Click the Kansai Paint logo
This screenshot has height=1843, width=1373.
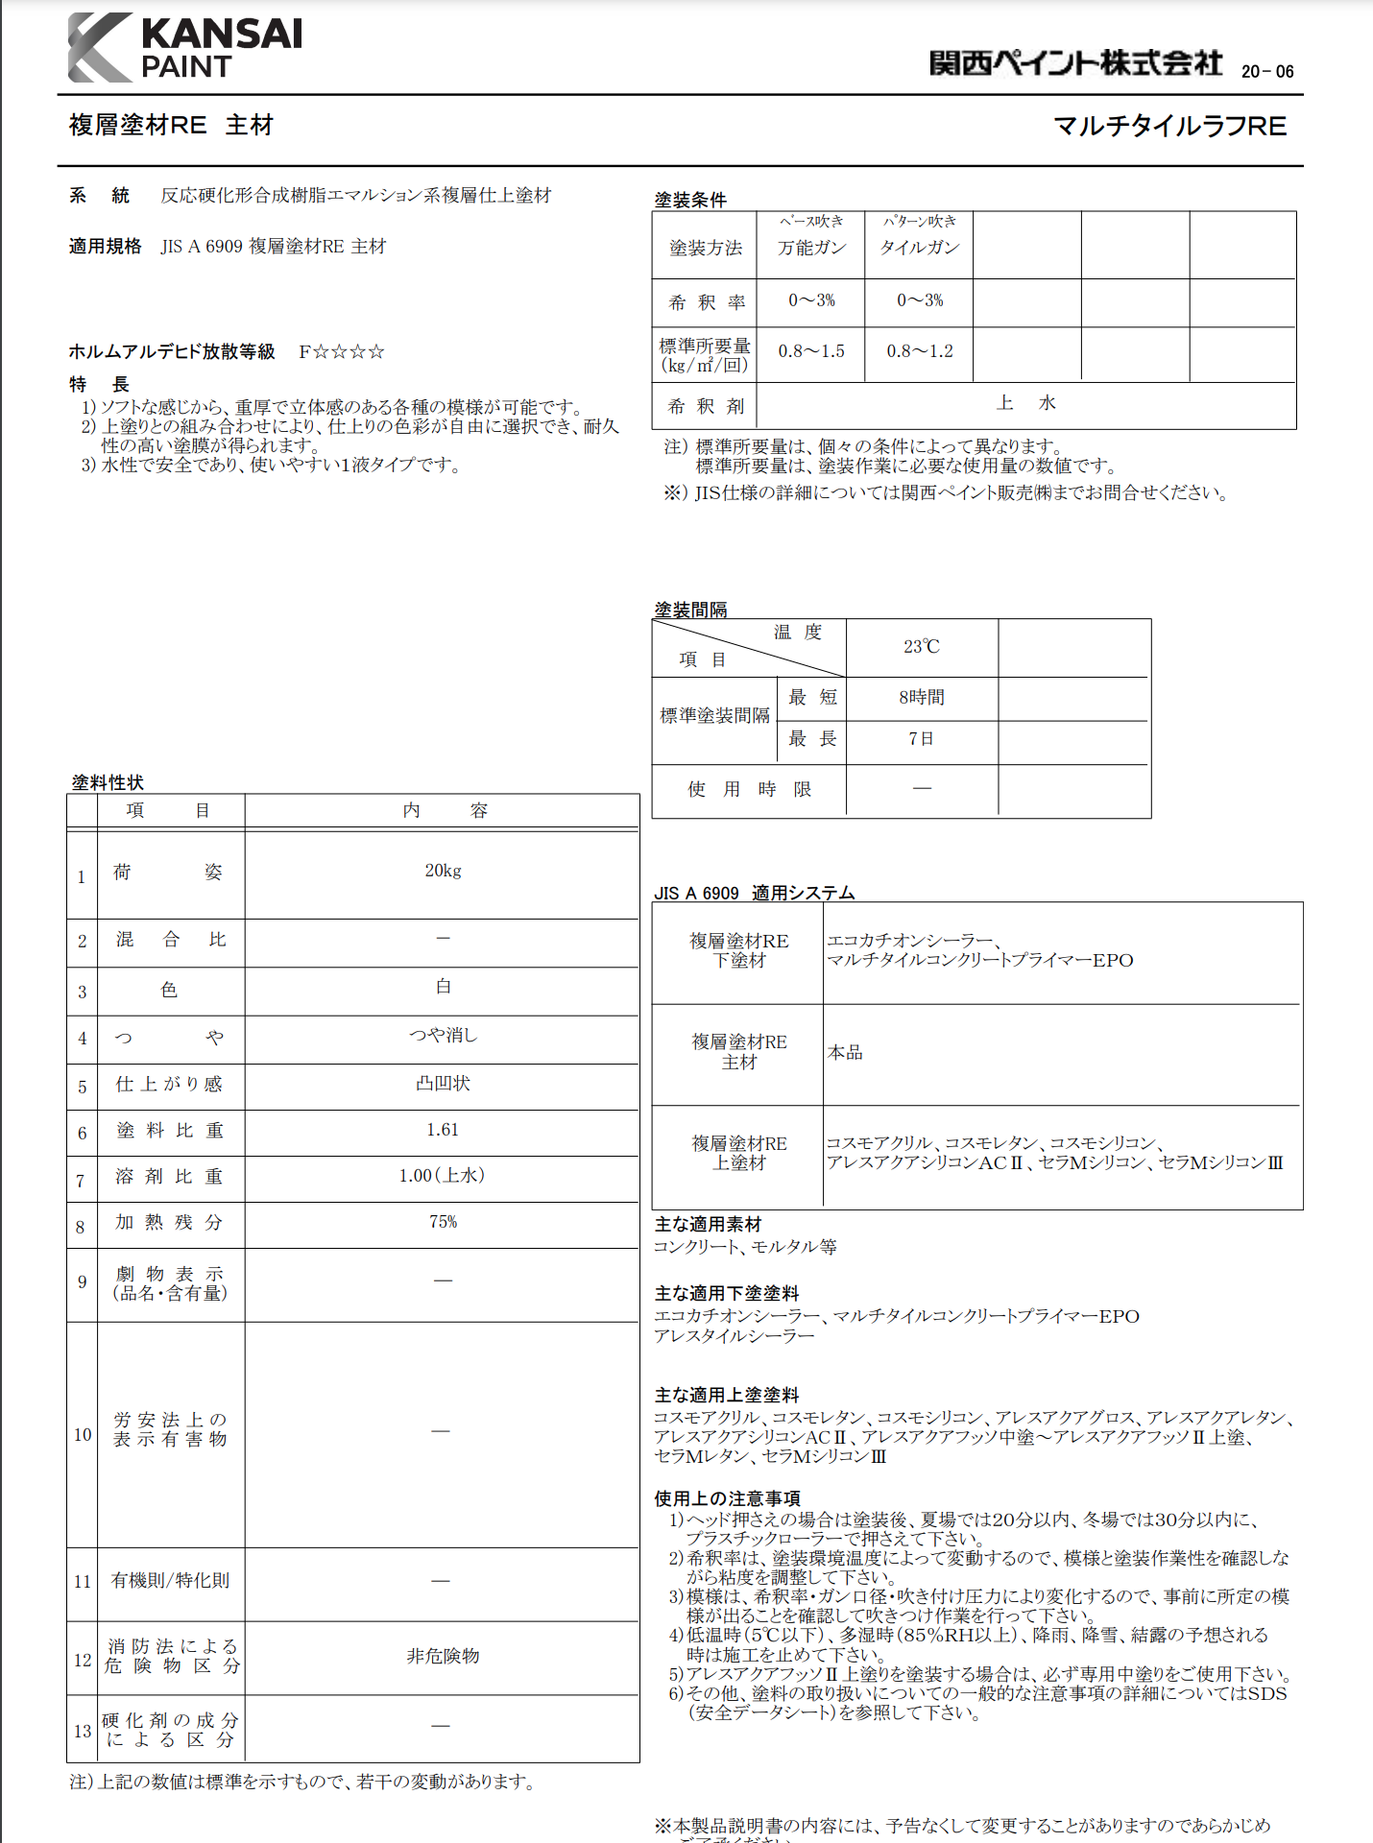pyautogui.click(x=185, y=48)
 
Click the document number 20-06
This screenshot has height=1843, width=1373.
pyautogui.click(x=1267, y=71)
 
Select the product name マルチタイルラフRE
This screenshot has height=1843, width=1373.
pyautogui.click(x=1169, y=126)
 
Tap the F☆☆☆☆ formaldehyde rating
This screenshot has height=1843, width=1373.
pyautogui.click(x=342, y=351)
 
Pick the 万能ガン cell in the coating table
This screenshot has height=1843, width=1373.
pyautogui.click(x=811, y=248)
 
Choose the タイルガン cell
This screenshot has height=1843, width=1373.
pyautogui.click(x=919, y=248)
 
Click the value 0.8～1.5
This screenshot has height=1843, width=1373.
pyautogui.click(x=811, y=351)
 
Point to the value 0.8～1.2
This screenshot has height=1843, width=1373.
pyautogui.click(x=919, y=351)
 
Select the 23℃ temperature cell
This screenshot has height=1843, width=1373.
pyautogui.click(x=921, y=647)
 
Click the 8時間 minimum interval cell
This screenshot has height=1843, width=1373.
pyautogui.click(x=921, y=697)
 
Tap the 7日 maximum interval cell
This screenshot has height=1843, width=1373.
pyautogui.click(x=921, y=739)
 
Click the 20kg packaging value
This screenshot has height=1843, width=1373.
pyautogui.click(x=443, y=871)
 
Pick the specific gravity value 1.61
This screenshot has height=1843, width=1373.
pyautogui.click(x=443, y=1130)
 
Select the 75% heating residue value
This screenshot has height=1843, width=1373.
pyautogui.click(x=443, y=1222)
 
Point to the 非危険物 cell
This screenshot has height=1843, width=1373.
pyautogui.click(x=443, y=1656)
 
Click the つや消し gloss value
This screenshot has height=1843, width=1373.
pyautogui.click(x=443, y=1035)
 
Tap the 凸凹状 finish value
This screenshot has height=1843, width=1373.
pyautogui.click(x=443, y=1083)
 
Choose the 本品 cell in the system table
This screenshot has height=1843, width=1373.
pyautogui.click(x=845, y=1053)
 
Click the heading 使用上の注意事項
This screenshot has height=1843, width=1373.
pyautogui.click(x=727, y=1498)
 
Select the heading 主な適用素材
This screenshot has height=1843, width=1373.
pyautogui.click(x=708, y=1224)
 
